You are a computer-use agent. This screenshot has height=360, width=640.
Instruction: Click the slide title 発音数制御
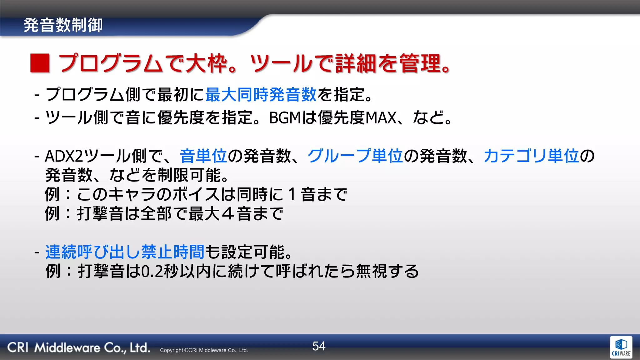(63, 25)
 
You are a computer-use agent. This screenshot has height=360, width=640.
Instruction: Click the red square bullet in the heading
(40, 63)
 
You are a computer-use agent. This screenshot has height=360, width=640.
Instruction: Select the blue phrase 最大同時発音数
(261, 94)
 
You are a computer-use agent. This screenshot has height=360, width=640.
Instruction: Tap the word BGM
(285, 118)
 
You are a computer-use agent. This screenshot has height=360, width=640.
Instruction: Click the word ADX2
(64, 156)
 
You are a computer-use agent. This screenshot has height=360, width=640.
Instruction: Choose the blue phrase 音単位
(203, 156)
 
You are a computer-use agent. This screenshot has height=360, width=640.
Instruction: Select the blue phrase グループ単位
(355, 156)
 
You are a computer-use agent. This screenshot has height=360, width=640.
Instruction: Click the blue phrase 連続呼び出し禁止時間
(125, 252)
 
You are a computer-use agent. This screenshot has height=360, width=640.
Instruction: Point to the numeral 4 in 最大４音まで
(228, 214)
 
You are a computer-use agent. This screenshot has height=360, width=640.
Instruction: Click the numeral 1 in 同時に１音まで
(292, 194)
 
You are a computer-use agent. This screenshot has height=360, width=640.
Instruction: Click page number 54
(319, 346)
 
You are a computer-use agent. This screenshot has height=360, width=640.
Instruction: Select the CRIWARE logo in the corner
(621, 347)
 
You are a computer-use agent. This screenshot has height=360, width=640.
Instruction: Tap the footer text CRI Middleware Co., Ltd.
(78, 347)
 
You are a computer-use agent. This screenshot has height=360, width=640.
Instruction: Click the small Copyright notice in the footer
(204, 350)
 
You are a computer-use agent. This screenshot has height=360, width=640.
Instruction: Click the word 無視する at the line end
(387, 271)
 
